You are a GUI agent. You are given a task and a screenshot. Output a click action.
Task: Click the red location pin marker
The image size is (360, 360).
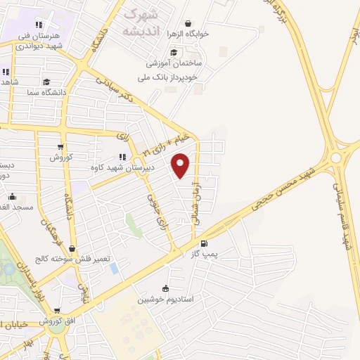click(x=181, y=165)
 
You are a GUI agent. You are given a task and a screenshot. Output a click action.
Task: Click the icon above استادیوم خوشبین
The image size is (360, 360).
click(x=165, y=288)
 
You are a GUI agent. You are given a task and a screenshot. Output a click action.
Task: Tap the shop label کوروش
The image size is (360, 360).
click(x=61, y=157)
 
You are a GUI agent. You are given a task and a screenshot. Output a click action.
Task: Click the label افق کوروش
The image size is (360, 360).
click(x=58, y=321)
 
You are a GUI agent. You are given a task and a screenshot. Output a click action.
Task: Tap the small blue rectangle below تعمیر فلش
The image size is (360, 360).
click(x=114, y=268)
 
